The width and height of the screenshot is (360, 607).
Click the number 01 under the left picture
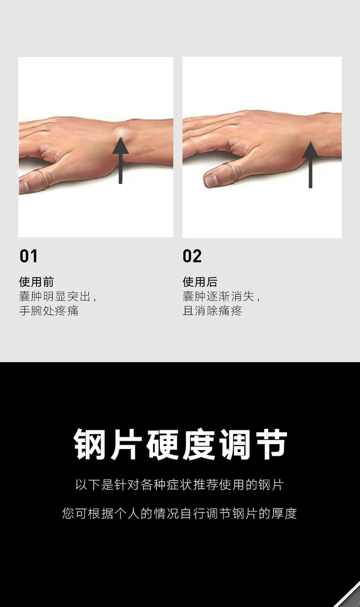[29, 256]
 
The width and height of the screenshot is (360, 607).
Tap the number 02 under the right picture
[192, 256]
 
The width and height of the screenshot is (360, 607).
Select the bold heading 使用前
[36, 282]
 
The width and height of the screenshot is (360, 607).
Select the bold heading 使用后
[200, 282]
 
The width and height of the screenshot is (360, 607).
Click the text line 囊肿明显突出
[54, 296]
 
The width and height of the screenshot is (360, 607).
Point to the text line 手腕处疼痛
[49, 310]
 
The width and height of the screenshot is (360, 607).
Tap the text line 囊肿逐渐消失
[218, 296]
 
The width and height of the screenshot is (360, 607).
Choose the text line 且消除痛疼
[213, 310]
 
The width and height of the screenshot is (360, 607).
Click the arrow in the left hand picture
[120, 160]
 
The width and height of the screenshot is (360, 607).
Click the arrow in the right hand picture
[310, 165]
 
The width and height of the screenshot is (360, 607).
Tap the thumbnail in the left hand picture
[24, 186]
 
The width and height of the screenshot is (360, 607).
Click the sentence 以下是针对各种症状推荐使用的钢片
[180, 485]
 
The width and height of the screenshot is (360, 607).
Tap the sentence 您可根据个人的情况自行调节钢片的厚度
[180, 513]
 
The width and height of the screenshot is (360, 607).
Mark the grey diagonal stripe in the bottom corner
[349, 595]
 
